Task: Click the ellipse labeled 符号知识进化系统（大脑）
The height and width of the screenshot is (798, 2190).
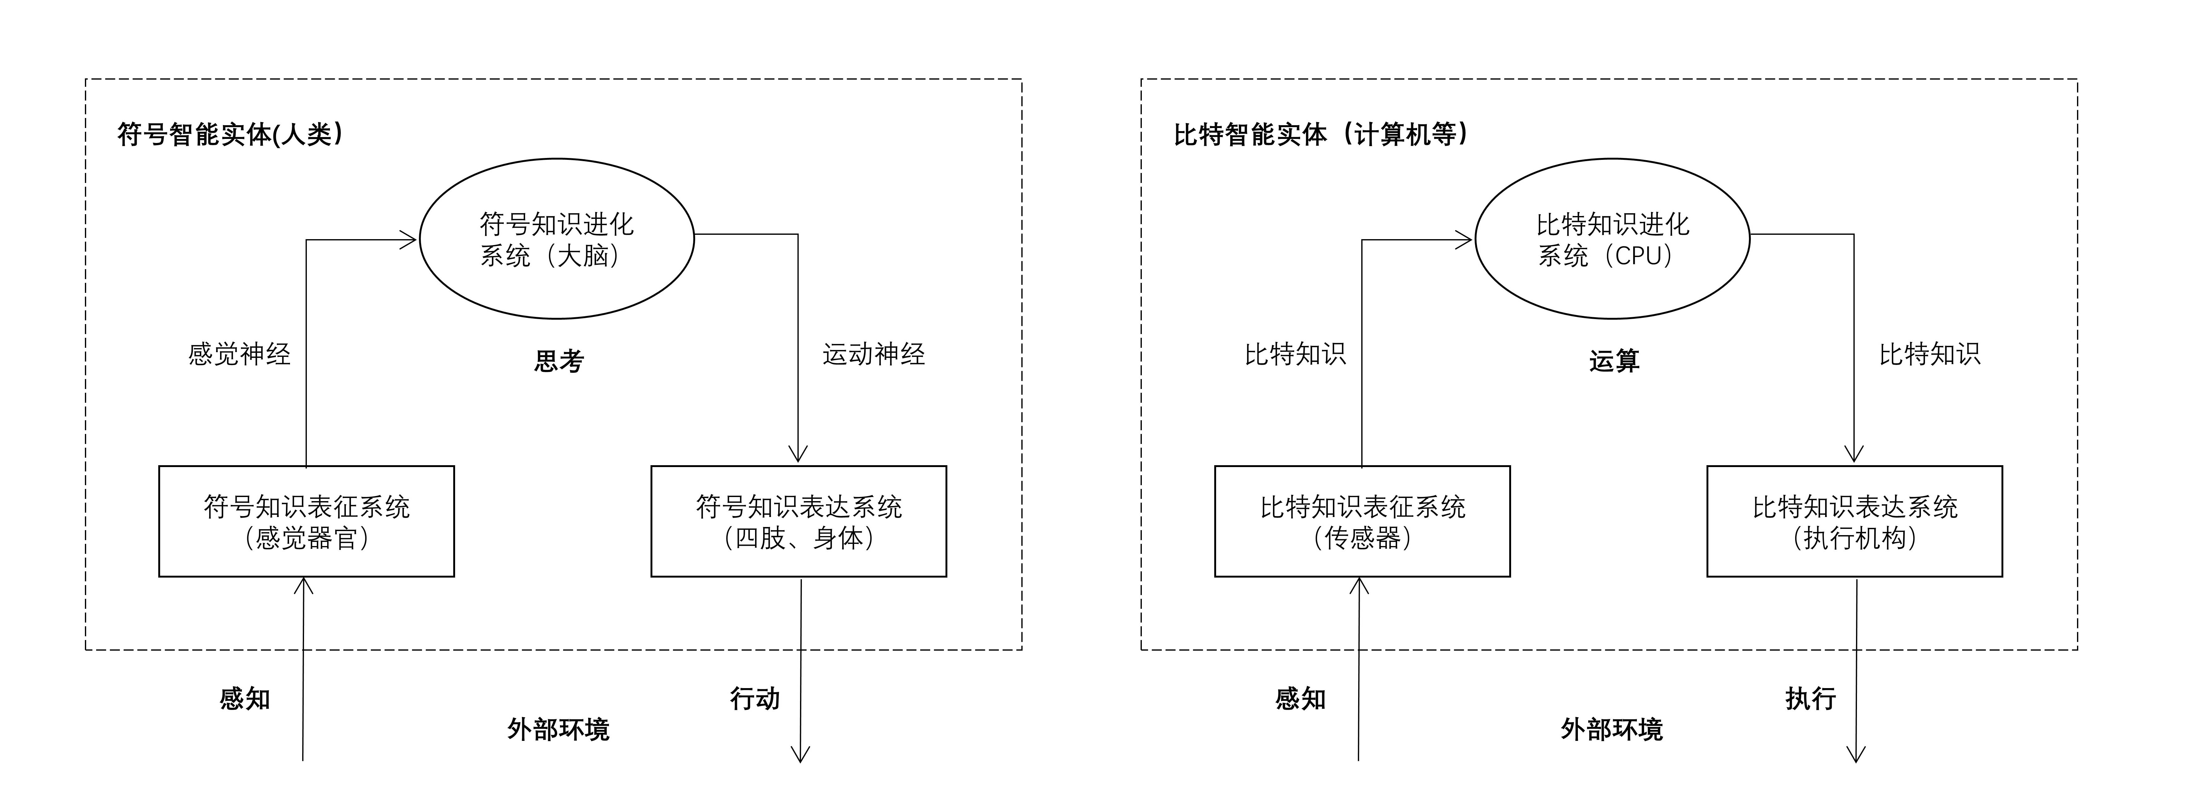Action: pyautogui.click(x=557, y=239)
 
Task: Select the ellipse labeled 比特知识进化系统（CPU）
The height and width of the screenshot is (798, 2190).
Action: pyautogui.click(x=1612, y=239)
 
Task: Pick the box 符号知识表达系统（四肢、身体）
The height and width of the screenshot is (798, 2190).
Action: pyautogui.click(x=798, y=521)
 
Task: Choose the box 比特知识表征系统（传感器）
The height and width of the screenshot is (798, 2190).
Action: pyautogui.click(x=1362, y=521)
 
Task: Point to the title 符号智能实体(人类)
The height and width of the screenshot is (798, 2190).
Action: pyautogui.click(x=229, y=135)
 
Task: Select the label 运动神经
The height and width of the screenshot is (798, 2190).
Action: pyautogui.click(x=873, y=354)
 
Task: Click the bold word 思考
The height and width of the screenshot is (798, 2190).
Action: pyautogui.click(x=558, y=362)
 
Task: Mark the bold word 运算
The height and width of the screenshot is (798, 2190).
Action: pyautogui.click(x=1613, y=362)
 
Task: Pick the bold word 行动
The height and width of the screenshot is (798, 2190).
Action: pyautogui.click(x=754, y=698)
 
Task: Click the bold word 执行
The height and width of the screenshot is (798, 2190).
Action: pyautogui.click(x=1810, y=698)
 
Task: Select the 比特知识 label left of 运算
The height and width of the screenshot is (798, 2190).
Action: pyautogui.click(x=1295, y=354)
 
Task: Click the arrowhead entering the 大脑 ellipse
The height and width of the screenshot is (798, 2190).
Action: pyautogui.click(x=410, y=240)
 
